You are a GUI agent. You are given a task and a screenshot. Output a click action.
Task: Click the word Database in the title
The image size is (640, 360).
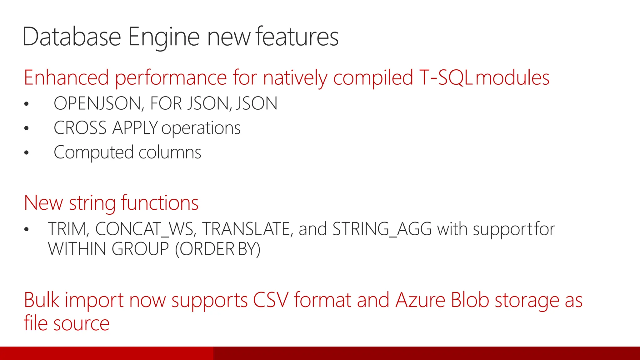[x=72, y=37]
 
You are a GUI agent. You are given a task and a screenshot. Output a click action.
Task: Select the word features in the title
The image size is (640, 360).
[x=297, y=37]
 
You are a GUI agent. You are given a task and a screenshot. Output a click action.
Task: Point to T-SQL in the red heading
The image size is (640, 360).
[x=445, y=77]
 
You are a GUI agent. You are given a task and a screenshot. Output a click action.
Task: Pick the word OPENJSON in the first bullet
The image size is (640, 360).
[x=97, y=103]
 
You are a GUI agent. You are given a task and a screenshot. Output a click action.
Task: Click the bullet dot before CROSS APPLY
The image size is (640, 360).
[x=26, y=128]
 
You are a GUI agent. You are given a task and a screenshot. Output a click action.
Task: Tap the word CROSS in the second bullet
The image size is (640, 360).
[x=80, y=128]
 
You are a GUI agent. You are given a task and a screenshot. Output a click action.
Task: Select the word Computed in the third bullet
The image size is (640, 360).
[x=93, y=152]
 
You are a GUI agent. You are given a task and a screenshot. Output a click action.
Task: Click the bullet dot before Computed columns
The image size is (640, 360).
[x=26, y=152]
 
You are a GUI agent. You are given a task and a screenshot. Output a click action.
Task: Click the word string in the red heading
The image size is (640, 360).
[x=92, y=203]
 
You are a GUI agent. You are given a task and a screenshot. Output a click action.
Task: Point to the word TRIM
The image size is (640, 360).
[x=67, y=229]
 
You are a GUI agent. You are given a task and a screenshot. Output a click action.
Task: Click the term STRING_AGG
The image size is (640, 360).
[x=382, y=229]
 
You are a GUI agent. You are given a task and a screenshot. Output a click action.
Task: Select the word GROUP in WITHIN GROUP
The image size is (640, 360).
[x=140, y=249]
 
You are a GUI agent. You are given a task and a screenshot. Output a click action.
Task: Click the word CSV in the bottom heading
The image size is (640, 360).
[x=270, y=300]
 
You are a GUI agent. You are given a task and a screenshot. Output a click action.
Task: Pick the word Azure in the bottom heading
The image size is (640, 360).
[x=420, y=300]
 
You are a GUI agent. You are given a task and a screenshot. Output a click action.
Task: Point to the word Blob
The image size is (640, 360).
[x=470, y=300]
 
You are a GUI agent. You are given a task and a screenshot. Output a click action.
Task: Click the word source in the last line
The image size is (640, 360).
[x=81, y=323]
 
